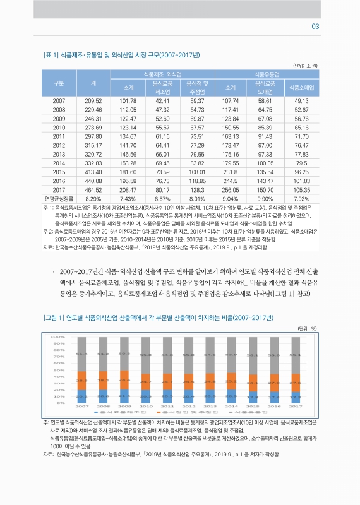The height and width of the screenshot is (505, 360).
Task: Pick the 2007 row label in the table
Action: (59, 101)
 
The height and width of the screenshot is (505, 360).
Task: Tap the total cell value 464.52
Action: (93, 189)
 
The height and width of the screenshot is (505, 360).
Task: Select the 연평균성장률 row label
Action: (59, 198)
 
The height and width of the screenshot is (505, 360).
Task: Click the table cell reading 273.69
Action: (93, 128)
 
